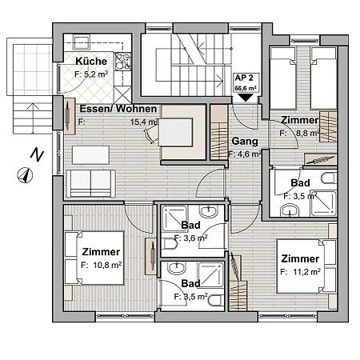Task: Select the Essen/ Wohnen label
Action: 118,109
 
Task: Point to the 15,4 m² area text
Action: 145,122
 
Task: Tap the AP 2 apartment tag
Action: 245,78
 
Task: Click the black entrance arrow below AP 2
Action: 245,97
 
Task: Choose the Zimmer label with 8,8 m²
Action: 300,120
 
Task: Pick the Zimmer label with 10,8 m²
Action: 102,251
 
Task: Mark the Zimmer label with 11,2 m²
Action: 300,258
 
